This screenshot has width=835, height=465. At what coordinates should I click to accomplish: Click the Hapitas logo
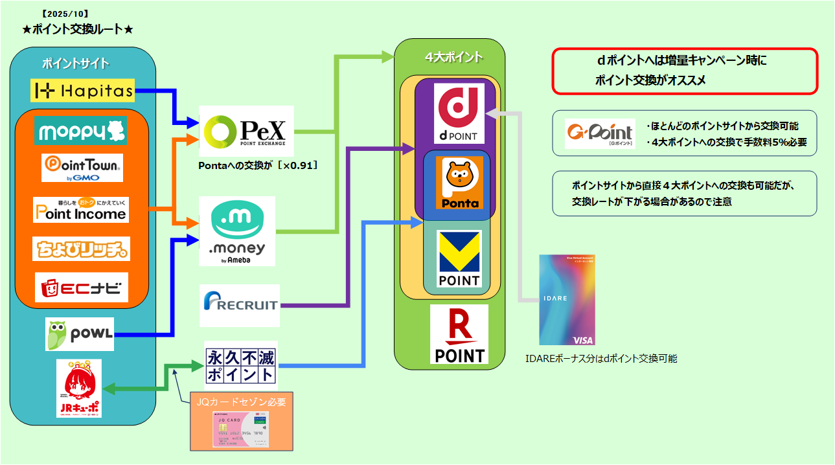tap(82, 91)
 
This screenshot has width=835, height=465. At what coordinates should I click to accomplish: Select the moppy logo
tap(81, 131)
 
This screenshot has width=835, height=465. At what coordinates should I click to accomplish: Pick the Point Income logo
tap(81, 209)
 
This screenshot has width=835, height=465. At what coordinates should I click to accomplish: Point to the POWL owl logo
tap(80, 334)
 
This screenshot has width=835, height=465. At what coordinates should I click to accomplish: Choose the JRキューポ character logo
tap(79, 389)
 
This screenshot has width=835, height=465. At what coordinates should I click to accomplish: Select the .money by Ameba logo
tap(237, 231)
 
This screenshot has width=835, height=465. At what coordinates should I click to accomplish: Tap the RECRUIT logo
tap(240, 305)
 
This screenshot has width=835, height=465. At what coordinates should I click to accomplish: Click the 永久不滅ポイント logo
tap(240, 366)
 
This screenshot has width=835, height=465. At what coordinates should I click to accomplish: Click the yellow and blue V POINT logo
tap(459, 258)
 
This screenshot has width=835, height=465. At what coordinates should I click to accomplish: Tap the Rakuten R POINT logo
tap(459, 334)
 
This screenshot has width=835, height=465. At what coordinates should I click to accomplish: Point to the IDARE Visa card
tap(567, 299)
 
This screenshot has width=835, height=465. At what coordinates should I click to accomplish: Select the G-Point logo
tap(600, 133)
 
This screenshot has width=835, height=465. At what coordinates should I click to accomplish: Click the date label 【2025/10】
tap(64, 13)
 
